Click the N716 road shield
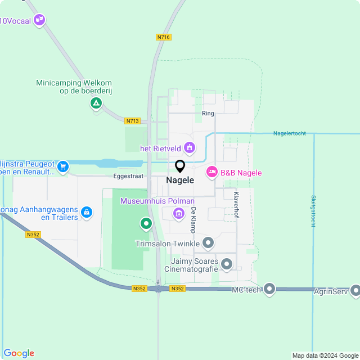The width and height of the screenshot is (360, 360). pyautogui.click(x=164, y=37)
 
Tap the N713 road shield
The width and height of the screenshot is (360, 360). pyautogui.click(x=132, y=120)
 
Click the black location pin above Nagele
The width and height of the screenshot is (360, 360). pyautogui.click(x=180, y=166)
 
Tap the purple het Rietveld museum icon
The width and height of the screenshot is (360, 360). pyautogui.click(x=190, y=148)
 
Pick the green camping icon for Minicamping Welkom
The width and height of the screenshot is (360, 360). pyautogui.click(x=96, y=103)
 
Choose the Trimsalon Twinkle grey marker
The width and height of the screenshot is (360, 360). pyautogui.click(x=208, y=243)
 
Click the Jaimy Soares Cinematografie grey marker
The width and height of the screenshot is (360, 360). pyautogui.click(x=227, y=263)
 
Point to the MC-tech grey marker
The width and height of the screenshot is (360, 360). pyautogui.click(x=269, y=289)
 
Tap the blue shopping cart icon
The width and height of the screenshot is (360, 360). pyautogui.click(x=62, y=166)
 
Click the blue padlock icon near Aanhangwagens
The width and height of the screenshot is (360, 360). pyautogui.click(x=86, y=212)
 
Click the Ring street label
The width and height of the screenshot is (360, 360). pyautogui.click(x=208, y=113)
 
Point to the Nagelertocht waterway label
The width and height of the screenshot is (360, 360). pyautogui.click(x=289, y=133)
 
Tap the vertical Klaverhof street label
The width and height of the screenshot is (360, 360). pyautogui.click(x=236, y=203)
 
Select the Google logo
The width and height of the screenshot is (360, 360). pyautogui.click(x=19, y=353)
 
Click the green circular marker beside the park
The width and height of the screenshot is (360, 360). pyautogui.click(x=146, y=224)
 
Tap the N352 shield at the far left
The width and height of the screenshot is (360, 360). pyautogui.click(x=33, y=235)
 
